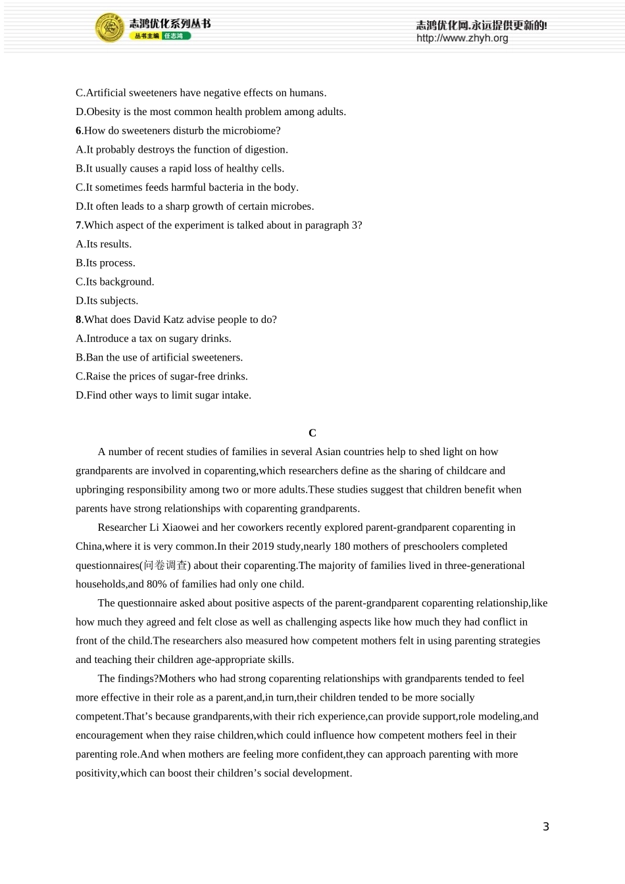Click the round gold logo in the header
coord(110,28)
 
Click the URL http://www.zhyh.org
coord(462,38)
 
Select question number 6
coord(78,131)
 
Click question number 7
coord(78,226)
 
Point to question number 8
coord(78,320)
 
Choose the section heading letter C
coord(312,433)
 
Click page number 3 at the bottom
coord(545,827)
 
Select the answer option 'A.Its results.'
coord(104,244)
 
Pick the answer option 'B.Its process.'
coord(105,263)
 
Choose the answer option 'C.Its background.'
coord(115,282)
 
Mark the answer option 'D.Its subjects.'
coord(107,301)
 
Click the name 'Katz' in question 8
coord(172,320)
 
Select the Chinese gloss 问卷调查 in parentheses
coord(165,566)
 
